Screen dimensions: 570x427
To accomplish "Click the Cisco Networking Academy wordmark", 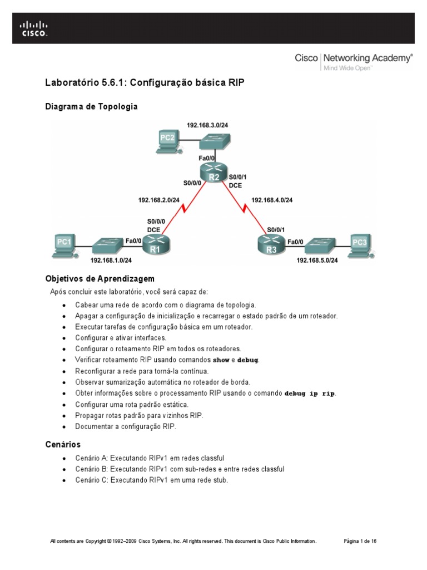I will click(x=353, y=57).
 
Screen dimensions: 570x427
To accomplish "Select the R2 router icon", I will click(x=213, y=173).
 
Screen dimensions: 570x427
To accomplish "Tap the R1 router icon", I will click(x=155, y=245).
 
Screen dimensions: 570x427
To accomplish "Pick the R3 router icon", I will click(x=271, y=245).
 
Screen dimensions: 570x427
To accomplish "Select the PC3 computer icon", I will click(x=359, y=245).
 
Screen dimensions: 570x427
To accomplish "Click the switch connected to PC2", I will click(x=213, y=142).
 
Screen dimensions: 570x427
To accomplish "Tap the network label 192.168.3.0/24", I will click(x=207, y=125).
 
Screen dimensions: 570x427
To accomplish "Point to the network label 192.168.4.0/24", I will click(x=272, y=200).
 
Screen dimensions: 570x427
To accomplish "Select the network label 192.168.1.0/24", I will click(x=111, y=260).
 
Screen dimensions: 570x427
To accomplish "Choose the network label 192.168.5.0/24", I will click(x=317, y=260).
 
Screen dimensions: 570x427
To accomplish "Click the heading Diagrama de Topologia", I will click(x=91, y=106).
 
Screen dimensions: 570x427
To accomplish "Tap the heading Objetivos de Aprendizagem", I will click(x=100, y=278).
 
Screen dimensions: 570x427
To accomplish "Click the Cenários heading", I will click(x=63, y=444).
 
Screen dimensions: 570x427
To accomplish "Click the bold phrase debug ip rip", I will click(x=310, y=394).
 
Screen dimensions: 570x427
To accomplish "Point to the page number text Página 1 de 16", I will click(x=361, y=540).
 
